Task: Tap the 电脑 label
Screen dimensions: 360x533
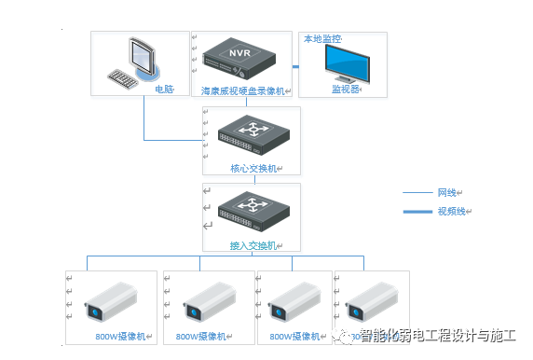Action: [x=164, y=90]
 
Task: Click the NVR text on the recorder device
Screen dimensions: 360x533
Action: [x=239, y=52]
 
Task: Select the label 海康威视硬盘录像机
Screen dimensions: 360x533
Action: [x=244, y=91]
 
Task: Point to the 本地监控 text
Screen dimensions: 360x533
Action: [x=321, y=38]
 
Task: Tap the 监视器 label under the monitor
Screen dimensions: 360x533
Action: [x=347, y=90]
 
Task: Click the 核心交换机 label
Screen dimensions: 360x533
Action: [x=252, y=169]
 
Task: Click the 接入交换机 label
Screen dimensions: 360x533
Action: [x=252, y=245]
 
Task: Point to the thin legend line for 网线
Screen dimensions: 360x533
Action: [x=417, y=193]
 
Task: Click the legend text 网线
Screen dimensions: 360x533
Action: [x=446, y=193]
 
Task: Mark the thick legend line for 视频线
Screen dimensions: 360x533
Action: [x=417, y=212]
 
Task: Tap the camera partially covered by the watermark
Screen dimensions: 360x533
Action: [x=371, y=303]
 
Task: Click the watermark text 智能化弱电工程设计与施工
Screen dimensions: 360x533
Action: [x=438, y=337]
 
